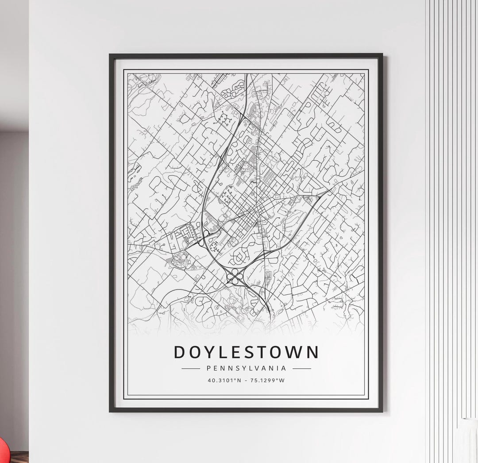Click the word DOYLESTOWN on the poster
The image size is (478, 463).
[x=246, y=352]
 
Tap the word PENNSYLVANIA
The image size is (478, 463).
[x=246, y=368]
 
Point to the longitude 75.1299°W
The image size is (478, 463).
[x=267, y=380]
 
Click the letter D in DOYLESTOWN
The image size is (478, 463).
[x=179, y=352]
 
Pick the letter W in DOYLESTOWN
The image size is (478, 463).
[x=294, y=352]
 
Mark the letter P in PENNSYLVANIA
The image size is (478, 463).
[x=208, y=368]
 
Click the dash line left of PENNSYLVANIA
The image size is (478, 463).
[x=191, y=368]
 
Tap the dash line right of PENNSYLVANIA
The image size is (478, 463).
[x=302, y=368]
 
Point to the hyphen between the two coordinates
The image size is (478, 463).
[x=247, y=380]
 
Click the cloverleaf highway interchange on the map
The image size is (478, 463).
[x=235, y=278]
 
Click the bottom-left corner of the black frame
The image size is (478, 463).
[x=110, y=411]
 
